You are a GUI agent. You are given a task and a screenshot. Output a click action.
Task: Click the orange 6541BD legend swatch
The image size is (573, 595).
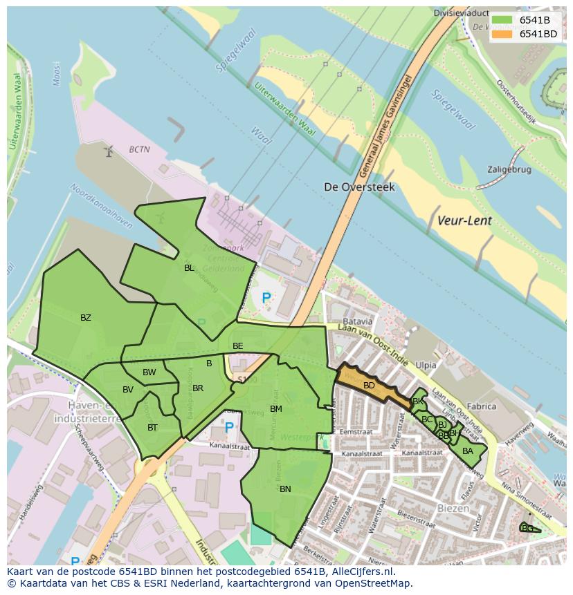click(x=502, y=34)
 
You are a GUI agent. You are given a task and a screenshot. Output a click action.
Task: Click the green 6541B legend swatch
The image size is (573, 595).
click(x=502, y=20)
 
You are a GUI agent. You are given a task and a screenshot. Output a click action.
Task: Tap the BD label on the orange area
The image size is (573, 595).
click(x=369, y=386)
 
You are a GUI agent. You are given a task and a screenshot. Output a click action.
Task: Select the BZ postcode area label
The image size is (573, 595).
click(x=86, y=318)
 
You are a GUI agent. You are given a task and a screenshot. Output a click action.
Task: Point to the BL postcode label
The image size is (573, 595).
click(x=189, y=267)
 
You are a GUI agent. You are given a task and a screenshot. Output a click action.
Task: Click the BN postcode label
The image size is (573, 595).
click(x=285, y=489)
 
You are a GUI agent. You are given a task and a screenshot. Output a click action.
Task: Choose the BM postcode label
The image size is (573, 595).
click(x=276, y=409)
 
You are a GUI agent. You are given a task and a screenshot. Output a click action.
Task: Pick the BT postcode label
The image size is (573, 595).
click(x=152, y=428)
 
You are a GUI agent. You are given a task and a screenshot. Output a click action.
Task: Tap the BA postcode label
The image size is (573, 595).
click(x=468, y=451)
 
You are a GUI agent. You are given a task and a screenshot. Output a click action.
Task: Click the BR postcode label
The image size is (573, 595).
click(x=198, y=388)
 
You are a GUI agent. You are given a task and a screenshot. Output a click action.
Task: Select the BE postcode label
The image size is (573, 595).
click(x=238, y=346)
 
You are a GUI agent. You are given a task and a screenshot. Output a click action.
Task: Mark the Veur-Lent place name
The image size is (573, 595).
click(x=464, y=220)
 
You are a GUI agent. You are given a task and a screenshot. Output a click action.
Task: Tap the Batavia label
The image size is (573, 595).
click(x=358, y=321)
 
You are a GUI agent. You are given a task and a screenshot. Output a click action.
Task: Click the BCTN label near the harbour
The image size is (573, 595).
click(x=139, y=149)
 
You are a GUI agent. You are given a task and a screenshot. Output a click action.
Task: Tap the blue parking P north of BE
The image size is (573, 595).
click(x=266, y=299)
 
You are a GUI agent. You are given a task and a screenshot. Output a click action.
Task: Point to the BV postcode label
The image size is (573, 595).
click(x=128, y=390)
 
